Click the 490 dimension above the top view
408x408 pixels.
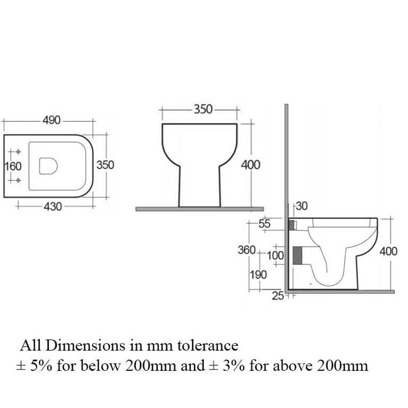pos(52,120)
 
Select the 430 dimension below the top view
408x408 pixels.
pos(53,207)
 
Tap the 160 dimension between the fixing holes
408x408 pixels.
pos(13,166)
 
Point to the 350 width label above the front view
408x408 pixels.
pos(202,109)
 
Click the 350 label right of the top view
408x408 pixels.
pos(105,165)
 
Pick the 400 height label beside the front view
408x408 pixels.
pos(250,165)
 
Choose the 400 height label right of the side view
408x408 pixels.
pos(388,252)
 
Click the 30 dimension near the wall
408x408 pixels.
pos(302,207)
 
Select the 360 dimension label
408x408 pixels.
pos(246,250)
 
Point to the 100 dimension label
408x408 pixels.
pos(275,254)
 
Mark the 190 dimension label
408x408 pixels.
pos(258,275)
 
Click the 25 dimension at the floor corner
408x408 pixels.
pos(277,296)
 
